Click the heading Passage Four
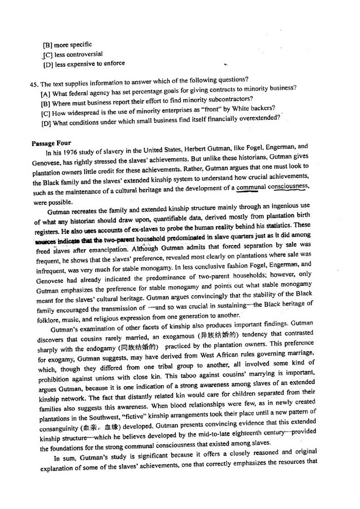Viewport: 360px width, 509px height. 51,143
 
